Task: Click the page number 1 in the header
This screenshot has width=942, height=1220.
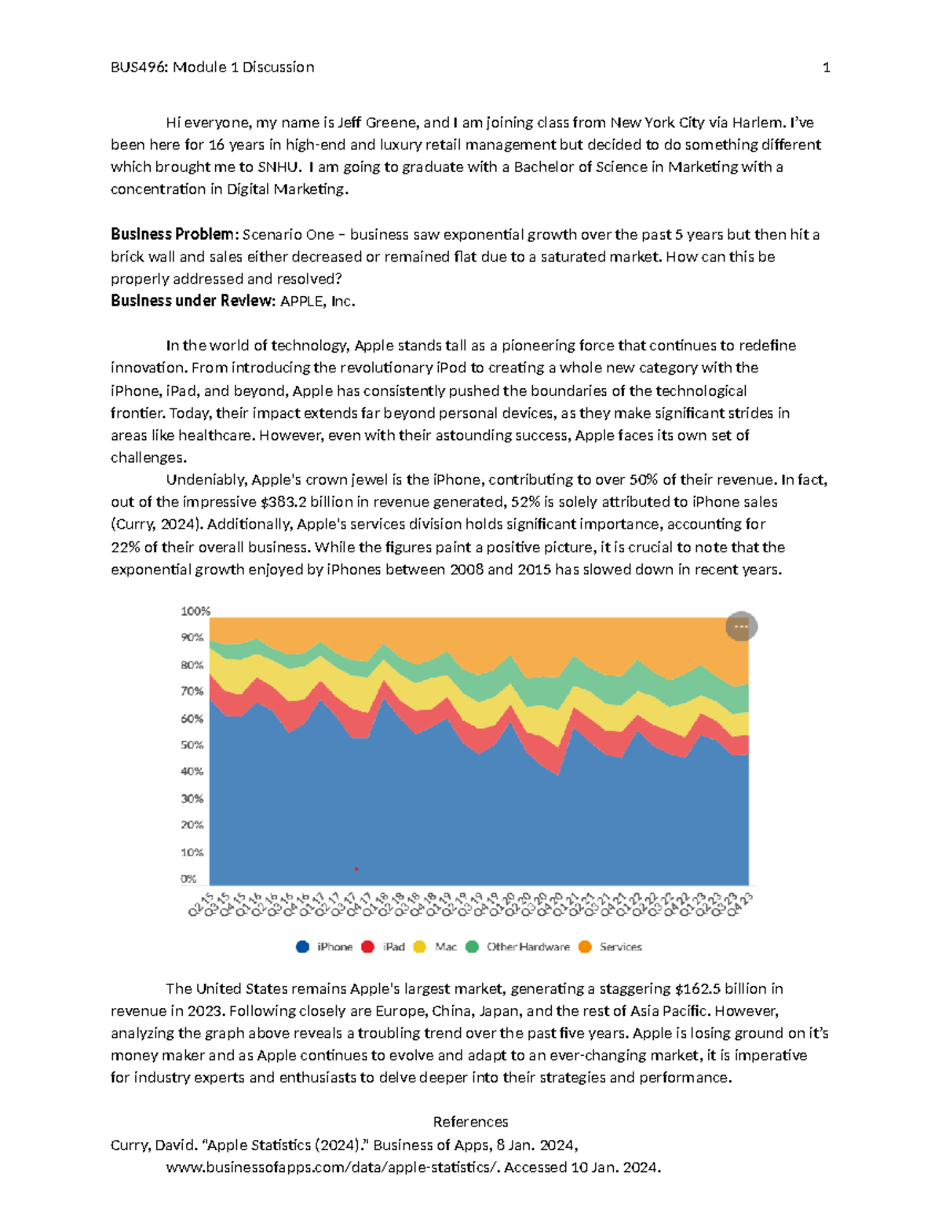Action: pos(826,68)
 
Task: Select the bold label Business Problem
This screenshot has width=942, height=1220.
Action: pos(172,234)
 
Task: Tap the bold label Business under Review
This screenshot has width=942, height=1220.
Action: pos(192,301)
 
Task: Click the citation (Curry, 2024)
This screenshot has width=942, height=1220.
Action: pos(156,524)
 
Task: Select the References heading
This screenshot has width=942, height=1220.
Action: pos(470,1122)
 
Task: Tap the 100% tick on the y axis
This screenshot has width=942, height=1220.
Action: pos(195,611)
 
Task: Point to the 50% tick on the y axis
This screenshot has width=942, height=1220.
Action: pos(192,745)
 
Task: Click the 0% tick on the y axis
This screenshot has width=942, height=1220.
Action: pos(189,879)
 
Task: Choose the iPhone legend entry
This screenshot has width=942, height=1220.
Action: pos(325,947)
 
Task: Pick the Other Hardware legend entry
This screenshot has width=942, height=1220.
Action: pos(518,947)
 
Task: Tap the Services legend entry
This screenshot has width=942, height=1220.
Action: pos(611,947)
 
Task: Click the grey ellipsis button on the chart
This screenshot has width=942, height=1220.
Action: pos(741,627)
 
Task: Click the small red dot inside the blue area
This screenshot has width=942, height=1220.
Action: pos(356,869)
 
